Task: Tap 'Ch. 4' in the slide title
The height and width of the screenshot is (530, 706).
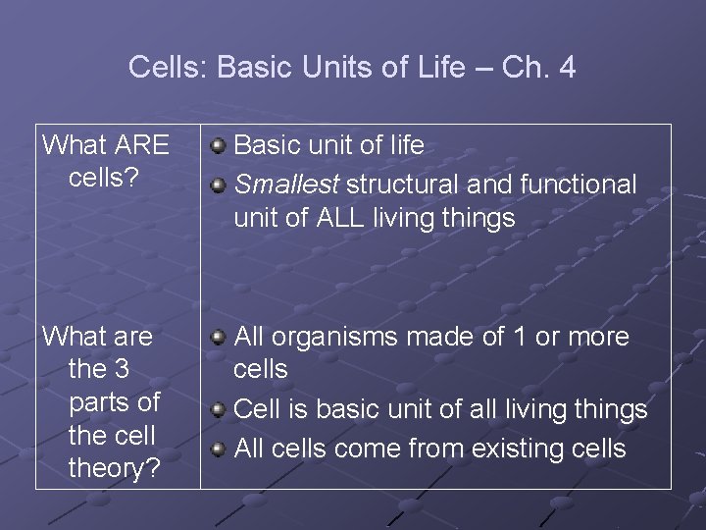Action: pyautogui.click(x=538, y=68)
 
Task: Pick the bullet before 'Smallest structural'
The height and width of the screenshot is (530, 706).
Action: pyautogui.click(x=219, y=185)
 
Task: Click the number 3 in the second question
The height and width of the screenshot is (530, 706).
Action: pyautogui.click(x=122, y=370)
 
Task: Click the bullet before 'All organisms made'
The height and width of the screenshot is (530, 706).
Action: pyautogui.click(x=219, y=338)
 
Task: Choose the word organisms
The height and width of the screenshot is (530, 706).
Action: pyautogui.click(x=333, y=337)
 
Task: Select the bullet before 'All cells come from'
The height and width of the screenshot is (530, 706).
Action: pyautogui.click(x=219, y=450)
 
